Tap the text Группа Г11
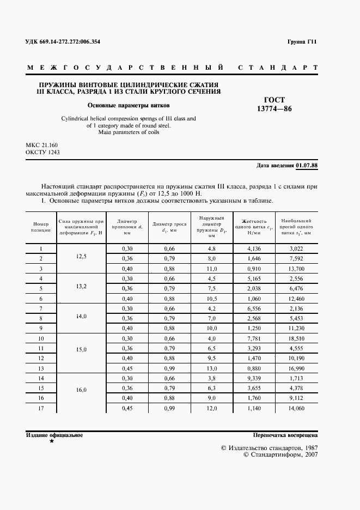point(302,42)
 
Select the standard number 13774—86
point(274,109)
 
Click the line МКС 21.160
point(42,145)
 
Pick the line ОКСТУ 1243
point(42,153)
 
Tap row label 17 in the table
point(41,409)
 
